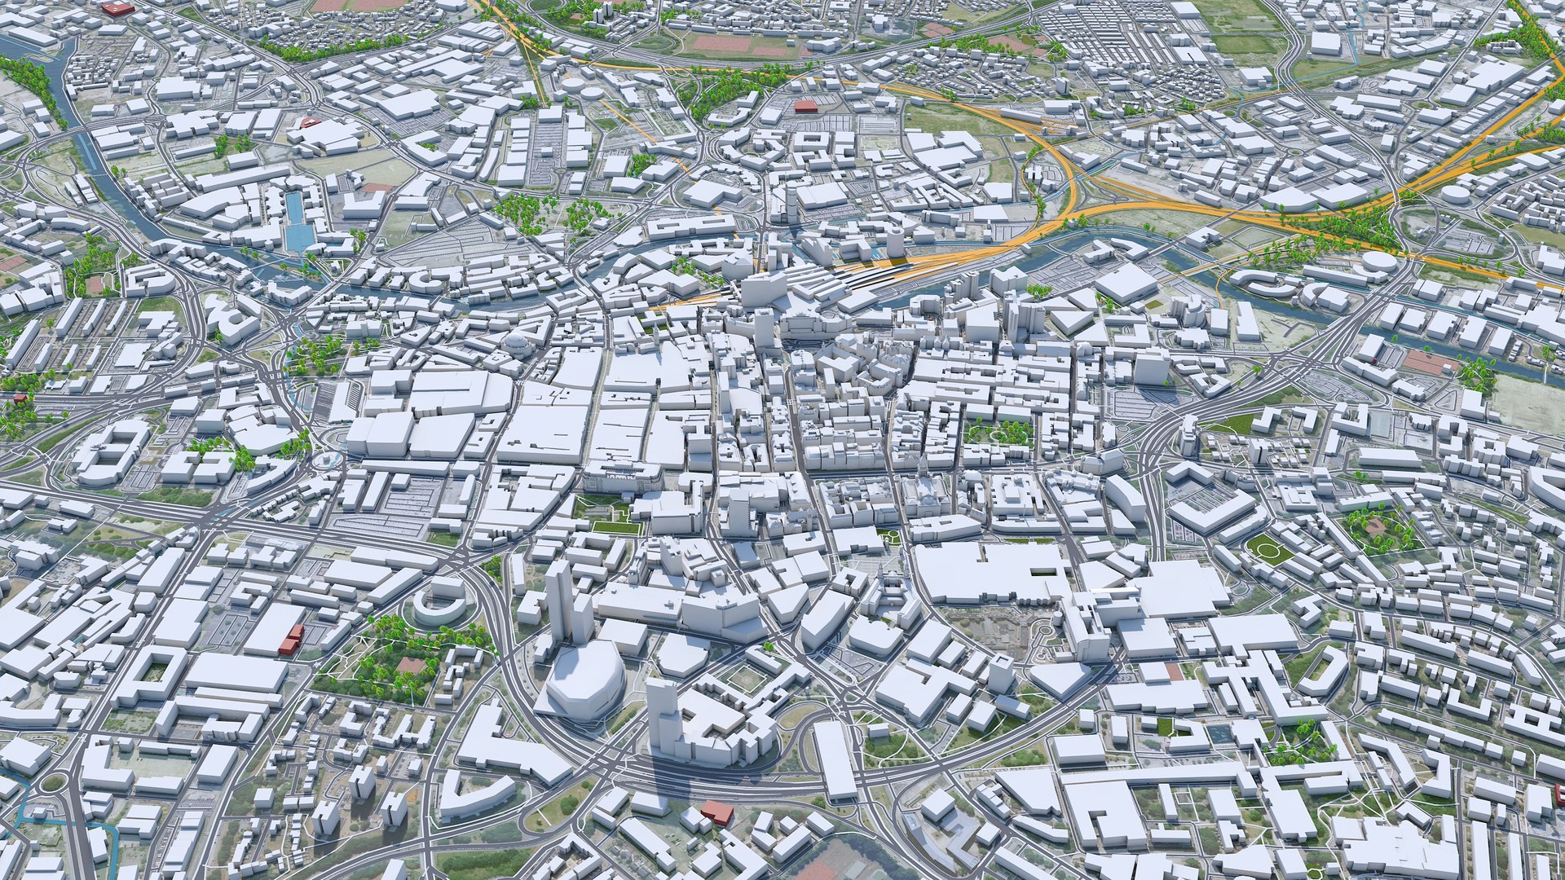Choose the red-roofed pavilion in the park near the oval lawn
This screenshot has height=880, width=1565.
point(1376,526)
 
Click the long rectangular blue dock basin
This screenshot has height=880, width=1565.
point(297,219)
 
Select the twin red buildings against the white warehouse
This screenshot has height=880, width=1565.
point(291,639)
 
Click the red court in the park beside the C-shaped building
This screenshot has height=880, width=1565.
point(411,666)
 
